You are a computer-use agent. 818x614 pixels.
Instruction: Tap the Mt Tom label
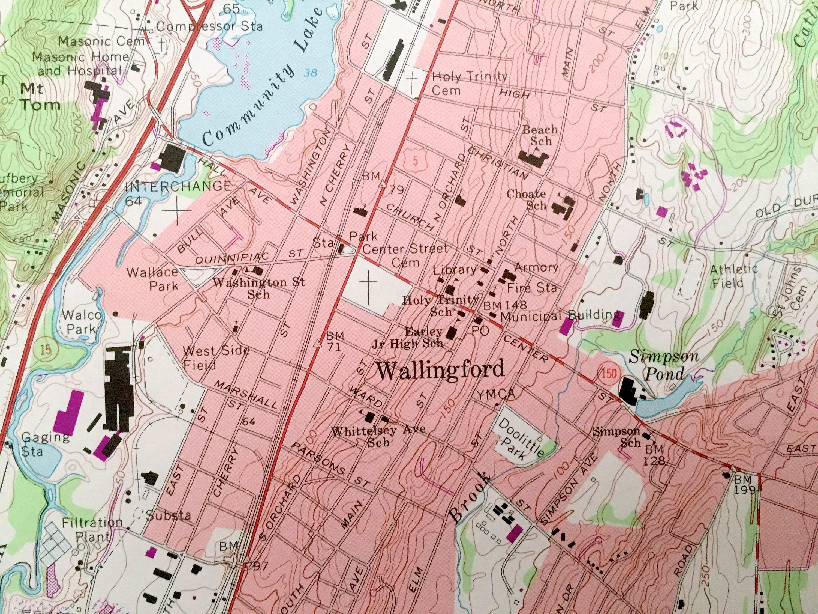click(x=40, y=97)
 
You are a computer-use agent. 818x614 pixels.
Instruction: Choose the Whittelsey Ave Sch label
click(x=378, y=436)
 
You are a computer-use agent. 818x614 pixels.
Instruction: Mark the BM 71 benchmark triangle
click(x=317, y=344)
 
